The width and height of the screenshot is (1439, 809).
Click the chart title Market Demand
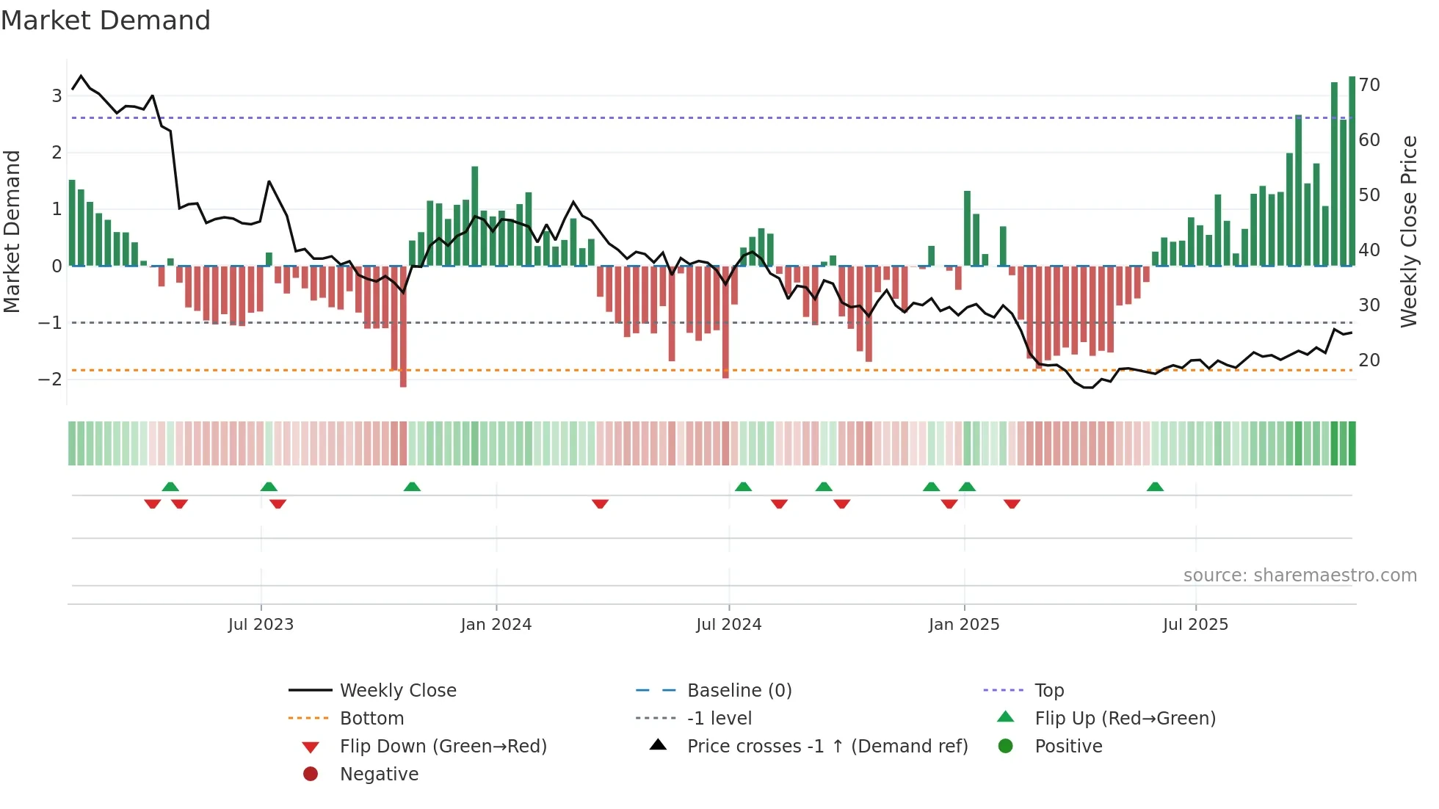click(106, 21)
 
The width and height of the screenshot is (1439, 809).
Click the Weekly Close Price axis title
click(1408, 231)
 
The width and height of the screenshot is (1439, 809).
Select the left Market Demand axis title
click(12, 231)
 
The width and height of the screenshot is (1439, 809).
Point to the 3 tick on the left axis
click(57, 95)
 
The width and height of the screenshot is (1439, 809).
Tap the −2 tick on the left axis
click(51, 380)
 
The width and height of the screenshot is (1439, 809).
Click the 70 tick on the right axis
click(1369, 85)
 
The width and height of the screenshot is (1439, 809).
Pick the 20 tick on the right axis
click(1369, 360)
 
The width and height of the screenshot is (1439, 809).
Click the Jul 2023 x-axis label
click(261, 625)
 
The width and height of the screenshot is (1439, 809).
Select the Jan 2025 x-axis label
click(964, 625)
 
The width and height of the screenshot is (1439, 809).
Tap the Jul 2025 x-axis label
click(1195, 625)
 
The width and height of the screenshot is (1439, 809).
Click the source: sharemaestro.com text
click(1300, 576)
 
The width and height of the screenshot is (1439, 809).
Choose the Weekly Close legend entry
click(397, 691)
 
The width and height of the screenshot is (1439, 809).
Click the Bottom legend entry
click(371, 719)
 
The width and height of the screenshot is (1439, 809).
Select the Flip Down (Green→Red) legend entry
click(443, 747)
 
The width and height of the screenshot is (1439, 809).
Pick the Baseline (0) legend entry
click(739, 691)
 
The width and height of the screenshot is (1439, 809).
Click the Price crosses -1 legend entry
click(827, 747)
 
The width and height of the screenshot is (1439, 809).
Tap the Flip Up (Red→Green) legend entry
click(1125, 719)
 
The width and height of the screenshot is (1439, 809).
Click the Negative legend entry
click(379, 774)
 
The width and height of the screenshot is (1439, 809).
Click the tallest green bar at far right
click(1352, 170)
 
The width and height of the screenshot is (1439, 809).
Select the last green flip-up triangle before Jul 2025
click(1155, 487)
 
